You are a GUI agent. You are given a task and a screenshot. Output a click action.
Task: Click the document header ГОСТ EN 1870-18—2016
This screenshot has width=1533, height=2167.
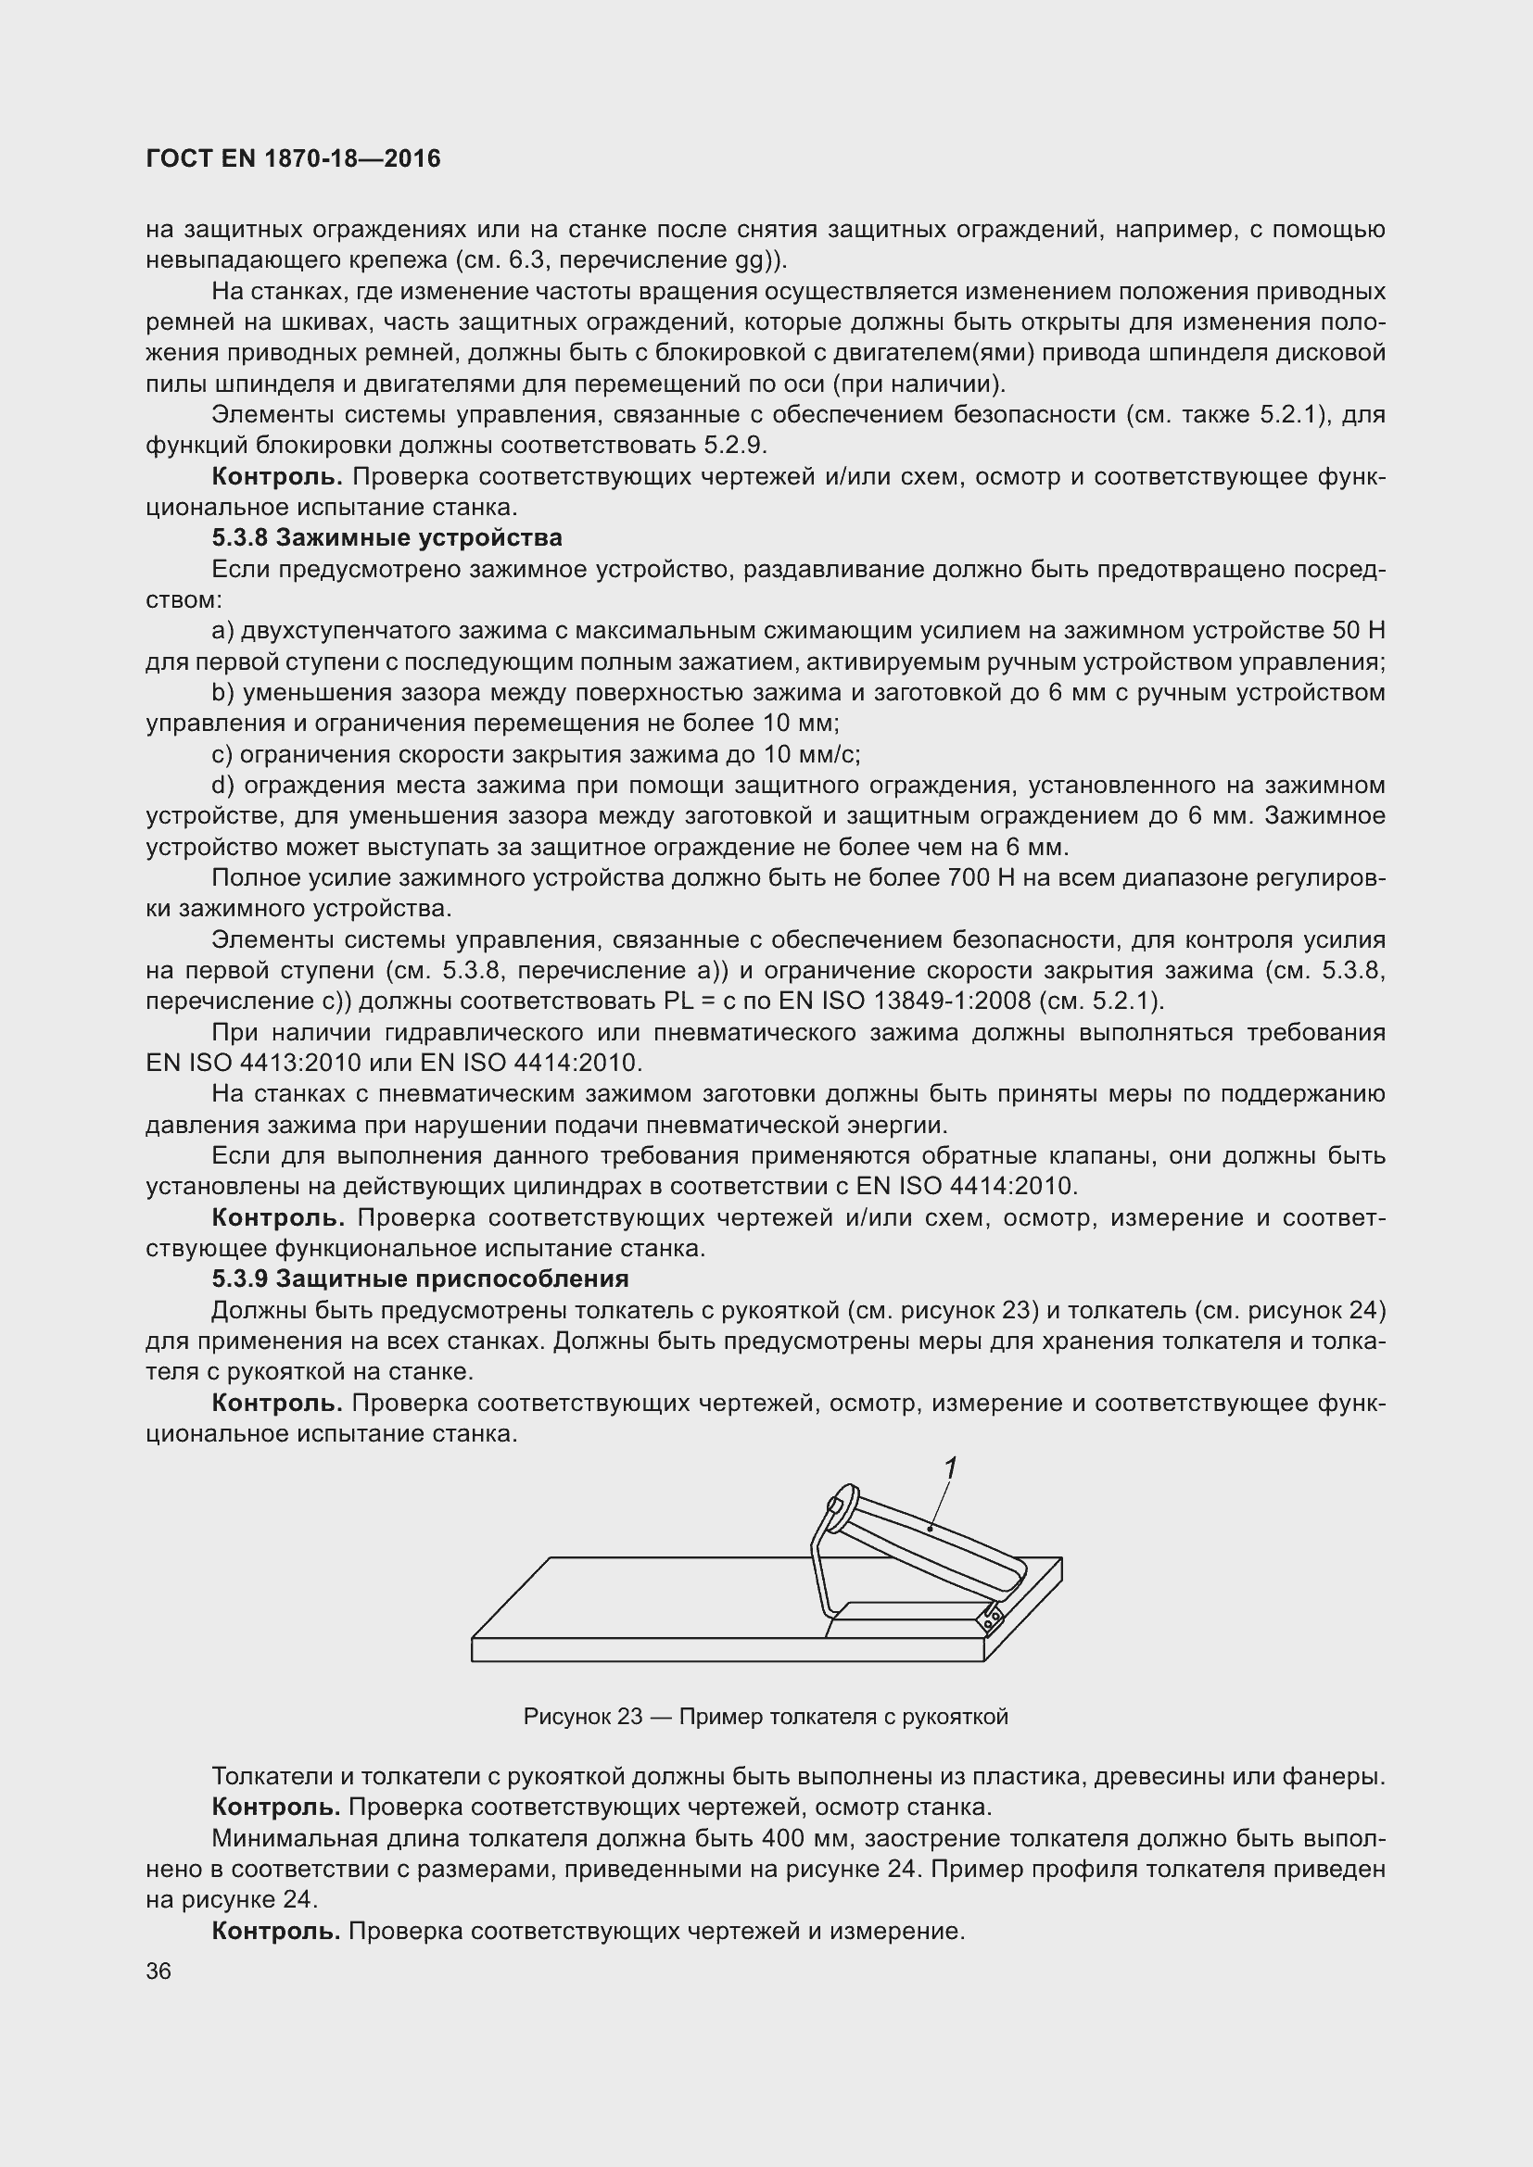[294, 158]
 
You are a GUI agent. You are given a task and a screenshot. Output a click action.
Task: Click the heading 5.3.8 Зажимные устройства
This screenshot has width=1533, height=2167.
[387, 538]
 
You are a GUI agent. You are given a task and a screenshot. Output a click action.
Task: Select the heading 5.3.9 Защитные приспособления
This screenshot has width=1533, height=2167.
[420, 1279]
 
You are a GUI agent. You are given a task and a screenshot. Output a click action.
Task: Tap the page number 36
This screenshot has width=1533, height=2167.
[158, 1972]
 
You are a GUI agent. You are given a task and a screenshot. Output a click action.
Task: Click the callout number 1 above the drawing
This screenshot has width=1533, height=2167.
[951, 1468]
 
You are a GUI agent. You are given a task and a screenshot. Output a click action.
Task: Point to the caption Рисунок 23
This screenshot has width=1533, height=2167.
[766, 1716]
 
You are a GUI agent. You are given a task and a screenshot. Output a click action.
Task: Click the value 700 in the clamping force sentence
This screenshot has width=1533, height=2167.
[969, 877]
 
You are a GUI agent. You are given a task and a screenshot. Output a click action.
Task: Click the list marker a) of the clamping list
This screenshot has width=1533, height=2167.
[222, 631]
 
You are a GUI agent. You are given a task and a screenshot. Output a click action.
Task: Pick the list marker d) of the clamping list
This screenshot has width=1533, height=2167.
[222, 786]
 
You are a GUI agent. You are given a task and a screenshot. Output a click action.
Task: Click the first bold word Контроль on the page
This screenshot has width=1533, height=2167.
[276, 476]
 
